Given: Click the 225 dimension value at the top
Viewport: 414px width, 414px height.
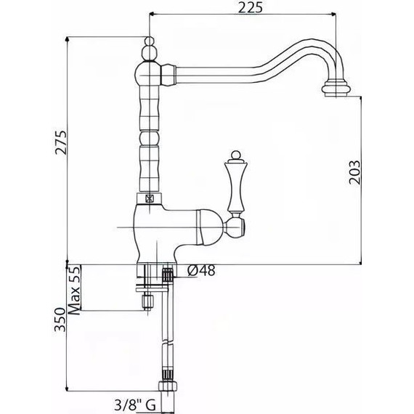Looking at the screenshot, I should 248,8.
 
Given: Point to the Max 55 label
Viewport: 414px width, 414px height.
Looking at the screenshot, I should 73,288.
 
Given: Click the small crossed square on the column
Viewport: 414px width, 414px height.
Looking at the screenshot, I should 150,197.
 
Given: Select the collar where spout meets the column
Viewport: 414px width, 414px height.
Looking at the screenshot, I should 169,73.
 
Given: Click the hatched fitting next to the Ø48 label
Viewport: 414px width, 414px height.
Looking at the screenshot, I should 168,275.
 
